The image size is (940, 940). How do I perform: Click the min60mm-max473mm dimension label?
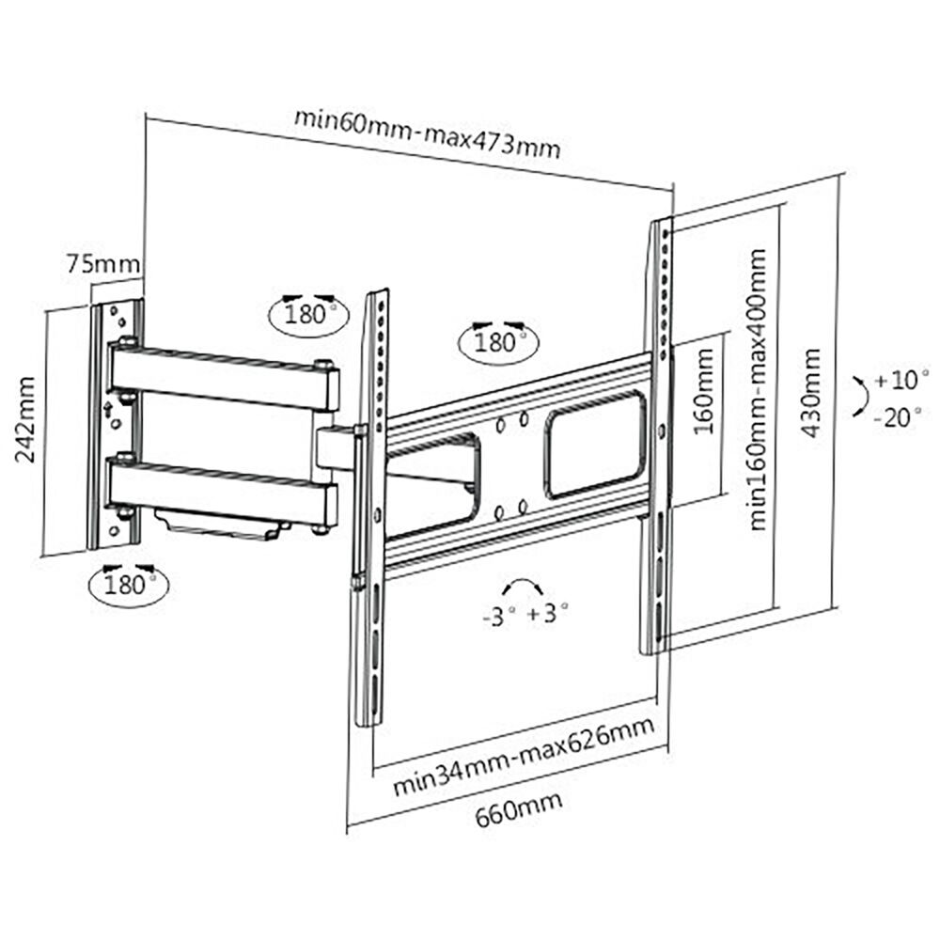click(428, 133)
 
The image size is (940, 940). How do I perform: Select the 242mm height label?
click(27, 419)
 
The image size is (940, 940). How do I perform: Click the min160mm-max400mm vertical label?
click(759, 389)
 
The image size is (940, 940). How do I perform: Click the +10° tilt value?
click(901, 382)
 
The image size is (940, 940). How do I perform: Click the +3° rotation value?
click(549, 614)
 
